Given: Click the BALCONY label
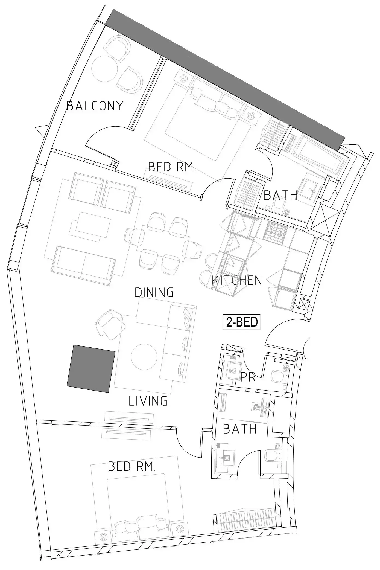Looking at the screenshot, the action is [x=95, y=106].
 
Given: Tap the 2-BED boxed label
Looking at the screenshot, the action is [x=241, y=322].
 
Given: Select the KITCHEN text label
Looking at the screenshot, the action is [x=237, y=280].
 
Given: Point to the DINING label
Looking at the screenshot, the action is [x=154, y=292].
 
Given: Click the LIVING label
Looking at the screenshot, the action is [x=148, y=401].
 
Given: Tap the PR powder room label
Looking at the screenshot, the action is [x=248, y=377].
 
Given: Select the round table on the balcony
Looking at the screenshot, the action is [x=104, y=69].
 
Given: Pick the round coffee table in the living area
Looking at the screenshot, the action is [x=144, y=357].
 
